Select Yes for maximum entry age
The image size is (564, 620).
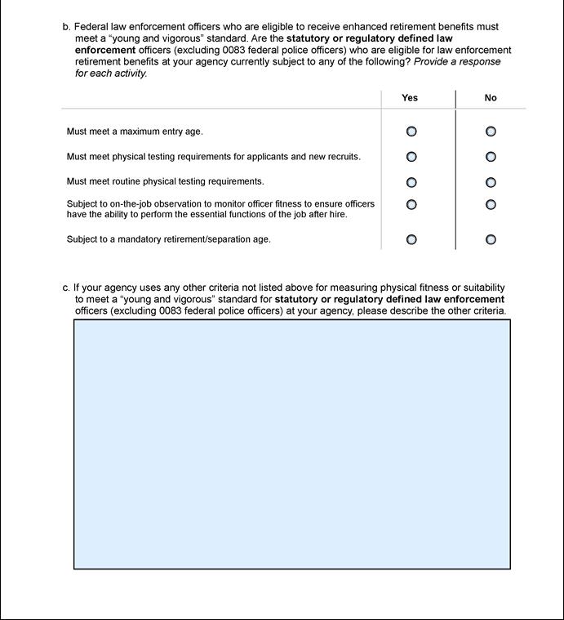411,132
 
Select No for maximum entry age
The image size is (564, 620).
491,132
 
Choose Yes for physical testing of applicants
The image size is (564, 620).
411,157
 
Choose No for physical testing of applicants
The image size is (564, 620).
491,157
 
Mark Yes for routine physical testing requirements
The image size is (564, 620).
411,182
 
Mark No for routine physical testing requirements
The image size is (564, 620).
491,182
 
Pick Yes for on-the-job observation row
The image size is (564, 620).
411,204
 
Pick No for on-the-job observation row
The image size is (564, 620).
491,204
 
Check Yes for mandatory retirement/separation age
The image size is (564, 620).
411,239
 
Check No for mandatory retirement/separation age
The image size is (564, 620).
491,239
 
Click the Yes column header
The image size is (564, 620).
410,98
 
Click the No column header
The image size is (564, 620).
491,98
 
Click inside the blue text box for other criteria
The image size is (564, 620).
292,444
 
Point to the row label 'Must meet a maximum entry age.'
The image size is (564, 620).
135,132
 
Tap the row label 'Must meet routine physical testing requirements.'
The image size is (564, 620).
166,181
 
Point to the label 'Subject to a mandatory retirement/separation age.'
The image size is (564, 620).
169,239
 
